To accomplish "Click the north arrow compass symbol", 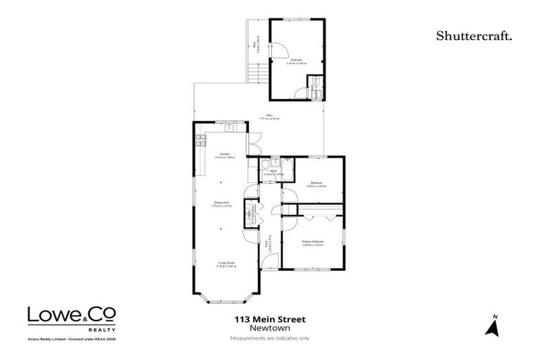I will pyautogui.click(x=494, y=326).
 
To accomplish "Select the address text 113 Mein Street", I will pyautogui.click(x=269, y=319).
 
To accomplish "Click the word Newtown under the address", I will pyautogui.click(x=269, y=328).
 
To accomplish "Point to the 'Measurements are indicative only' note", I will pyautogui.click(x=269, y=338).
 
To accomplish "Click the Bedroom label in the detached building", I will pyautogui.click(x=296, y=60).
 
